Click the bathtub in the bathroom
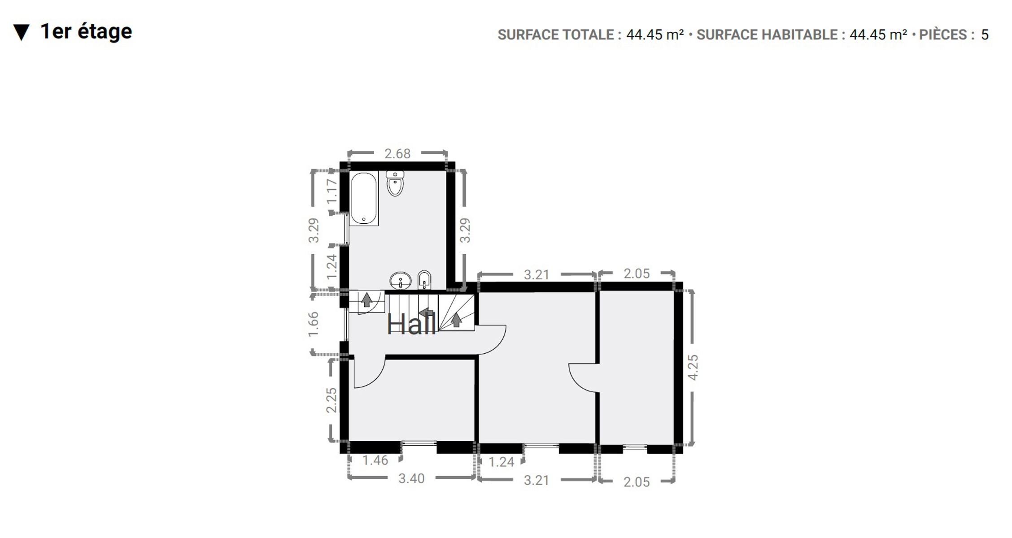[x=363, y=198]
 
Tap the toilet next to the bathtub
[x=395, y=183]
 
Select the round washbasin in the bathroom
[x=400, y=281]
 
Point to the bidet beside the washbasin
[x=424, y=280]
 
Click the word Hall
[x=411, y=324]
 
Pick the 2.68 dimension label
[x=397, y=154]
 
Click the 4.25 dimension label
[x=693, y=367]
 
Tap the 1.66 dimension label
[x=313, y=324]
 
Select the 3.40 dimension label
[x=411, y=478]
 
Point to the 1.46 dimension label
[x=375, y=460]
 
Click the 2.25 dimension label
[x=331, y=400]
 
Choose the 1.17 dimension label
[x=332, y=191]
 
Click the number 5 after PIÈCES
[x=985, y=35]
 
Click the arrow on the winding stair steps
[x=456, y=320]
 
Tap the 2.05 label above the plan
[x=637, y=273]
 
